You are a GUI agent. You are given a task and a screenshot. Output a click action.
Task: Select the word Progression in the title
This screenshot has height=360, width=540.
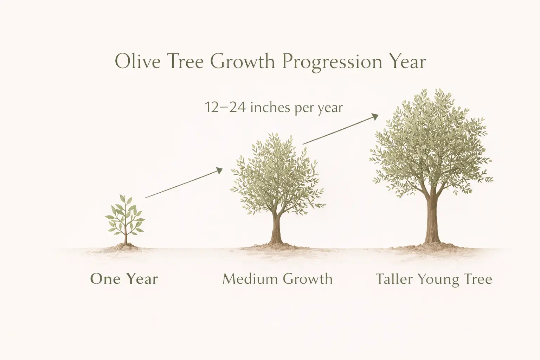[332, 63]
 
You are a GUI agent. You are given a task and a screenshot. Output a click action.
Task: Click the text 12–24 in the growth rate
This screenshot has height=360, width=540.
[225, 107]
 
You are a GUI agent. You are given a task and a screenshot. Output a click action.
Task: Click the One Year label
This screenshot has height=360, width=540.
[124, 279]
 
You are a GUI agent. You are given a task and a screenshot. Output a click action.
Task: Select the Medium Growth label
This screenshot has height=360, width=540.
[277, 279]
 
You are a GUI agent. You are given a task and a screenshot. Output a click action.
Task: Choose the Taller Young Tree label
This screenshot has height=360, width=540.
[434, 279]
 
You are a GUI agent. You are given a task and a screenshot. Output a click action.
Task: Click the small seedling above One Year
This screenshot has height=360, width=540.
[125, 218]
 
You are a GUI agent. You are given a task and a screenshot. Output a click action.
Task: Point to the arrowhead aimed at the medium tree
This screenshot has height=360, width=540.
[220, 170]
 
